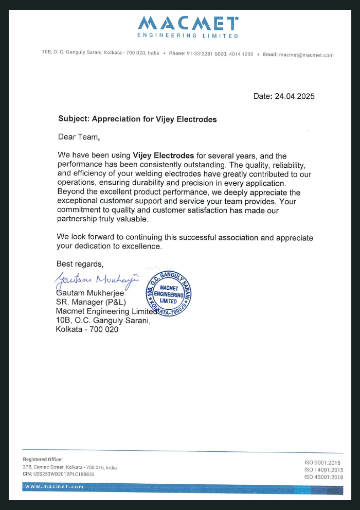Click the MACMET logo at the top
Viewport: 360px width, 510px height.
click(x=188, y=23)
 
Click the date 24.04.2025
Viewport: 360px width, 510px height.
click(x=294, y=96)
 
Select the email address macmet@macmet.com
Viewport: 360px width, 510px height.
click(x=306, y=55)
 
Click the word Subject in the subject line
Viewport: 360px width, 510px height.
click(x=74, y=119)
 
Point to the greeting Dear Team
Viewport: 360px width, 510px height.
click(x=78, y=137)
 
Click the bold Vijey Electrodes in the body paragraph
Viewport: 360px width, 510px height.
click(x=163, y=155)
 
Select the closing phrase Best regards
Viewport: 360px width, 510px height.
click(x=80, y=264)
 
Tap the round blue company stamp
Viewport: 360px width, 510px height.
click(x=168, y=293)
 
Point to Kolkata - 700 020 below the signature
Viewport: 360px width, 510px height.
click(x=87, y=329)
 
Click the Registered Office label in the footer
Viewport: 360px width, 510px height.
click(x=43, y=459)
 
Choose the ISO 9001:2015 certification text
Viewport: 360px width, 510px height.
click(x=322, y=463)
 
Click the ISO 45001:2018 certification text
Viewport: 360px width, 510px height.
click(x=323, y=477)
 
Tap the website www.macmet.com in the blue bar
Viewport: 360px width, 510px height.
click(x=54, y=486)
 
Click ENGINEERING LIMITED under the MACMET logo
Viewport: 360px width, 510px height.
click(x=188, y=36)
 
